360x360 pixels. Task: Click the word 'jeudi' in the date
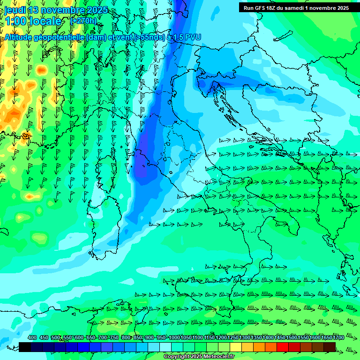[15, 10]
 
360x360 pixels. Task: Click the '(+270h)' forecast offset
[83, 21]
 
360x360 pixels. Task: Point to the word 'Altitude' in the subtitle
[21, 37]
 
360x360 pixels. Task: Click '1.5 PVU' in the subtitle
[187, 37]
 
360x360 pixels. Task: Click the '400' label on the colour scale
[32, 337]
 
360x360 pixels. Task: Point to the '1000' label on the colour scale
[174, 337]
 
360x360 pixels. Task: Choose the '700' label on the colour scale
[103, 337]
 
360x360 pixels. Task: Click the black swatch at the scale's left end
[25, 347]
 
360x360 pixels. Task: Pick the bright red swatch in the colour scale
[283, 347]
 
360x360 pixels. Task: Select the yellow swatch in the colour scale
[236, 347]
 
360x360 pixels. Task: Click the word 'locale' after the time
[46, 21]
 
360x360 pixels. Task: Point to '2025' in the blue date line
[97, 10]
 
